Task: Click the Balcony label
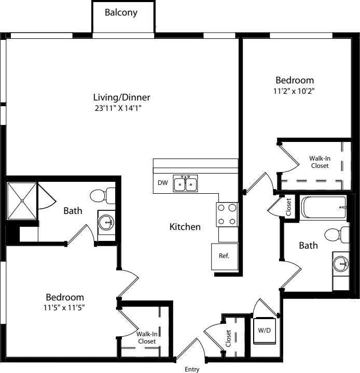(x=121, y=12)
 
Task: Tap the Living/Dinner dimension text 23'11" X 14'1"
(x=118, y=108)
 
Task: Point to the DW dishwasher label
(x=163, y=183)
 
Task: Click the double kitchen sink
(x=185, y=183)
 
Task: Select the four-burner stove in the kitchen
(x=227, y=214)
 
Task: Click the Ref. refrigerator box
(x=225, y=256)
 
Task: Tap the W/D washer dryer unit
(x=265, y=331)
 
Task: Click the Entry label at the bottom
(x=192, y=369)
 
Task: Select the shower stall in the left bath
(x=22, y=201)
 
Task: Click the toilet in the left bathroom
(x=102, y=196)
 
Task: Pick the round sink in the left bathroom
(x=106, y=223)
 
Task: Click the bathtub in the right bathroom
(x=324, y=207)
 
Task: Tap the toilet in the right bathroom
(x=337, y=235)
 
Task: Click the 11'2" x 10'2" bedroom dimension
(x=294, y=91)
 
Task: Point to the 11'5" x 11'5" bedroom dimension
(x=64, y=308)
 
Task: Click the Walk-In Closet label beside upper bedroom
(x=320, y=162)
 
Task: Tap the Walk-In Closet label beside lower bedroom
(x=147, y=338)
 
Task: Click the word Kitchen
(x=185, y=227)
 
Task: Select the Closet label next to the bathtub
(x=288, y=207)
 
